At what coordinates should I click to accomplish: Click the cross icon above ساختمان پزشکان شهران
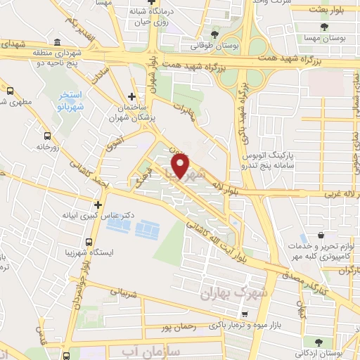point(131,97)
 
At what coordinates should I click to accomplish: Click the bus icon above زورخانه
point(47,136)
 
